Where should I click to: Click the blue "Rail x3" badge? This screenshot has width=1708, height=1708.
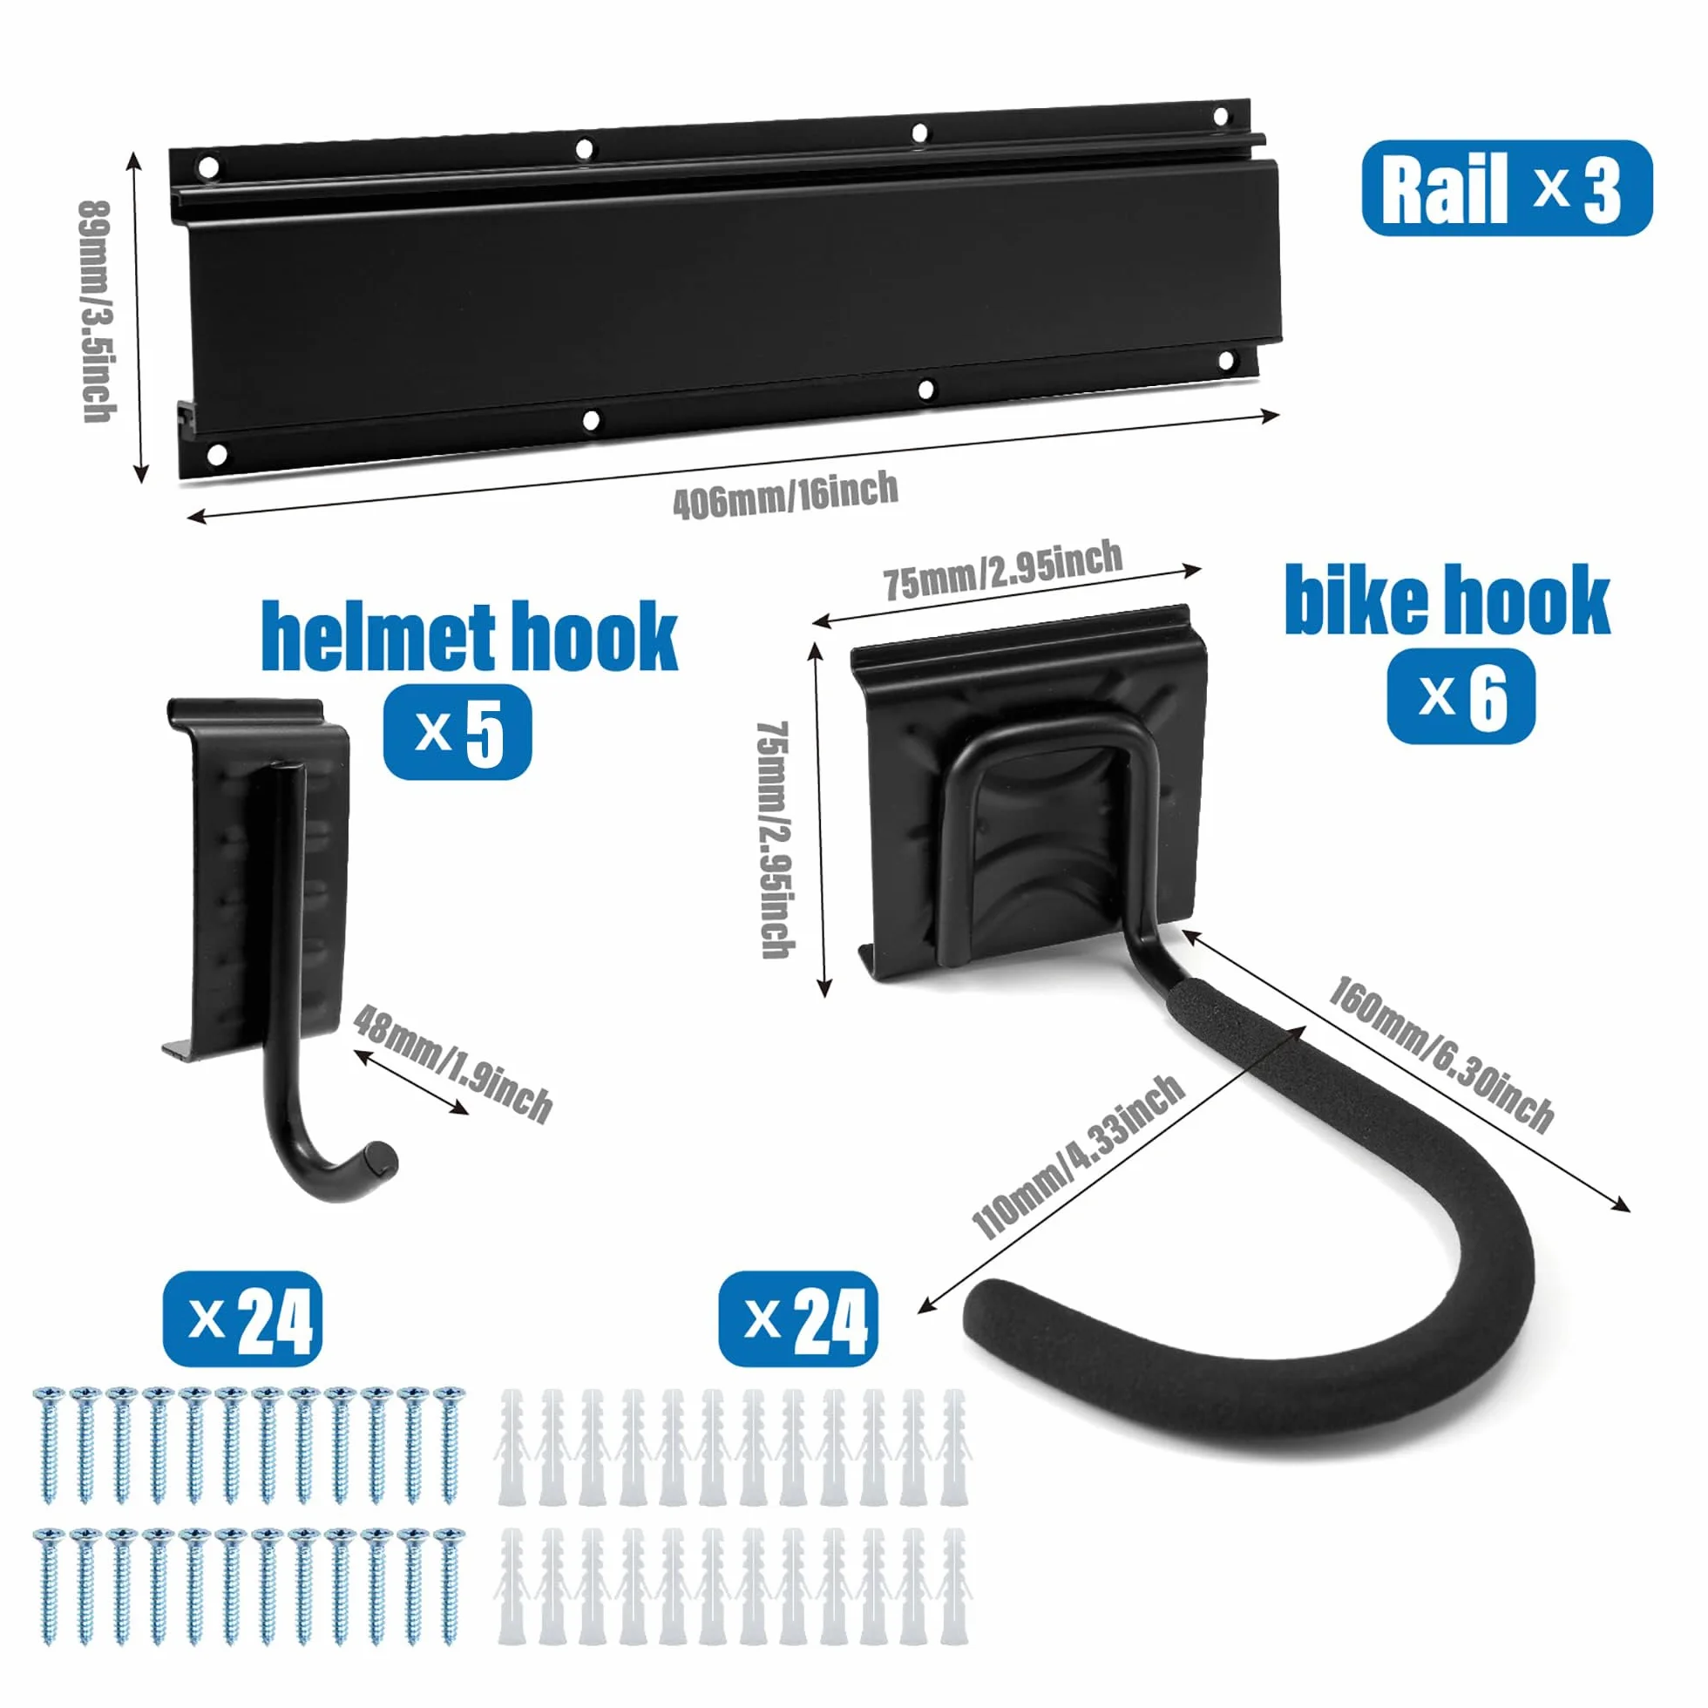point(1506,188)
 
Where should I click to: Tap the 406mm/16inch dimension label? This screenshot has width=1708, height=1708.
point(785,495)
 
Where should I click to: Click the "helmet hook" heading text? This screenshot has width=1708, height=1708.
point(470,635)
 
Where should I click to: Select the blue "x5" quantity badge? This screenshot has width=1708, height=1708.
point(457,732)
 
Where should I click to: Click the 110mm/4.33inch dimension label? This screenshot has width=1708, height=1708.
point(1077,1156)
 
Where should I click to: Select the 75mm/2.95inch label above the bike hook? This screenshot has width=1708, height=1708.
point(1002,570)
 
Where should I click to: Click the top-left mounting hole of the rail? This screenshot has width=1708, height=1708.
point(207,167)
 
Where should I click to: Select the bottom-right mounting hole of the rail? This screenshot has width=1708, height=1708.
point(1226,361)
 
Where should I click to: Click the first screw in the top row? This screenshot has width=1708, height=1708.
point(49,1447)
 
